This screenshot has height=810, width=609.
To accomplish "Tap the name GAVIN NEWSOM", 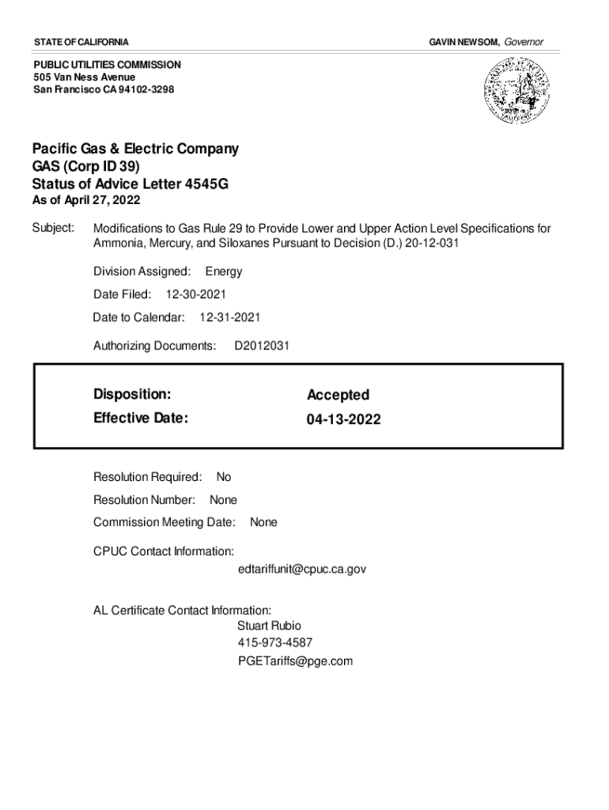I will (463, 41).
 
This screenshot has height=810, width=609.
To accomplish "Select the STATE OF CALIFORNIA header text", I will (81, 41).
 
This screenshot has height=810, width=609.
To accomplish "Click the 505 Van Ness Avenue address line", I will (84, 77).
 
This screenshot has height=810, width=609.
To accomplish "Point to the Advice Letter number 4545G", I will (206, 185).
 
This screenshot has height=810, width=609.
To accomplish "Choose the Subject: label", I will (53, 229).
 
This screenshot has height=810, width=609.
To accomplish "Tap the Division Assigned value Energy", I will (224, 271).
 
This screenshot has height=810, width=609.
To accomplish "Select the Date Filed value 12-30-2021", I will (195, 294).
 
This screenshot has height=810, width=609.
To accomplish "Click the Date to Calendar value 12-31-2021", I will (229, 317).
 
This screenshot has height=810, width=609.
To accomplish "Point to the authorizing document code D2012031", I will (262, 346).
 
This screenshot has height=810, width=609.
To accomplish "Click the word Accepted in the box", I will (338, 395).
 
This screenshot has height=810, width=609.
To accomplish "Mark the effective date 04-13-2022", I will (344, 419).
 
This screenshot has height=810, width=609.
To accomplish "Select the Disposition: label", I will (131, 394).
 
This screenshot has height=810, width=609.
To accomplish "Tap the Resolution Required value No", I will (224, 477).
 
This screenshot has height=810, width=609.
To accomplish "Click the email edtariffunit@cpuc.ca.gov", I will (301, 569).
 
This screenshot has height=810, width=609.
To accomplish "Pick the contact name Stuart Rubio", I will (269, 625).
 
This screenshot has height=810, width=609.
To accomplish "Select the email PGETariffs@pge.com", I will (295, 661).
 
